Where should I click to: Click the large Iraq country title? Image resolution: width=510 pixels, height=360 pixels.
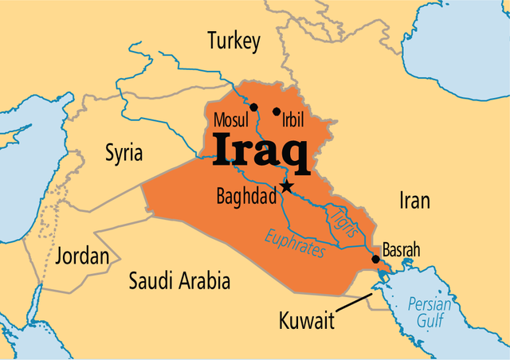(261, 152)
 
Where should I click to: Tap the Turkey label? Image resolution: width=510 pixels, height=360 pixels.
(233, 42)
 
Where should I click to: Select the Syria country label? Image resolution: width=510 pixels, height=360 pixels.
(124, 153)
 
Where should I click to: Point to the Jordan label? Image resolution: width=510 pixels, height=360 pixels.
(81, 256)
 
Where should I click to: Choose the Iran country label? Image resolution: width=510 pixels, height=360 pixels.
(414, 201)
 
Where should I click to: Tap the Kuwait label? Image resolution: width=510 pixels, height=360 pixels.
(306, 321)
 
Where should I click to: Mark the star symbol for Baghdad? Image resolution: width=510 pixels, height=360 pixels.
(286, 186)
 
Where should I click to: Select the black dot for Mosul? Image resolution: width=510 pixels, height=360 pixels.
(253, 108)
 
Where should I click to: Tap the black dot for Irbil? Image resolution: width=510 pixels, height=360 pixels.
(277, 112)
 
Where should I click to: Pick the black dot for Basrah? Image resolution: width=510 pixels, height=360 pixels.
(376, 259)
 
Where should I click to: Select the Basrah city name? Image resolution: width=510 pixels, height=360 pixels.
(401, 249)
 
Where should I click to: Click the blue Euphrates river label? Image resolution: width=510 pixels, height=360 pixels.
(296, 241)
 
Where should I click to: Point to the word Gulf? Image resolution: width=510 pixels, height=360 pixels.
(429, 321)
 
